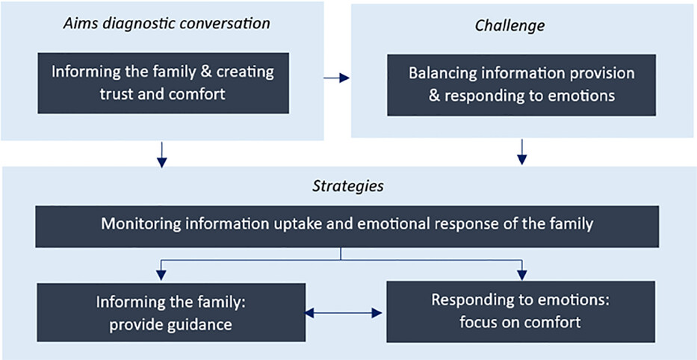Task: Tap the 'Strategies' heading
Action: tap(347, 186)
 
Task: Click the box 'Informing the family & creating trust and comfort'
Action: tap(163, 83)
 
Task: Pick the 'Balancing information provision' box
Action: tap(521, 85)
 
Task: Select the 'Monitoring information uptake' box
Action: tap(347, 226)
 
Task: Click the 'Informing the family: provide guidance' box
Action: tap(170, 312)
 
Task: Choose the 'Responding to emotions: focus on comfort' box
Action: tap(521, 311)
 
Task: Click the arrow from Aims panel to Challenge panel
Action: tap(336, 78)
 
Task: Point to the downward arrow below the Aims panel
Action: tap(162, 155)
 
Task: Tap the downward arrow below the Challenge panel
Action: tap(522, 152)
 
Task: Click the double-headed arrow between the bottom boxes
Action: tap(344, 314)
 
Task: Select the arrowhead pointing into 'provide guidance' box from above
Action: tap(162, 275)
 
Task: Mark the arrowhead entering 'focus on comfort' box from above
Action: tap(522, 275)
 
